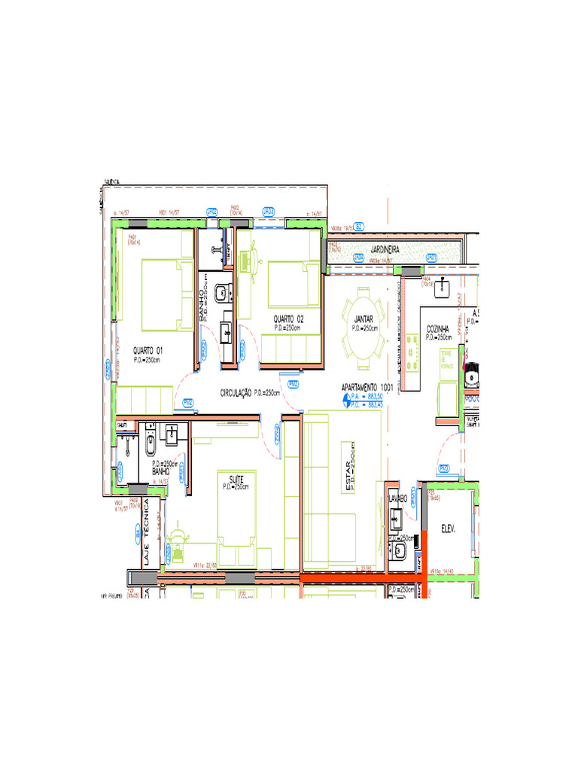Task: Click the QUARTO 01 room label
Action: pyautogui.click(x=148, y=351)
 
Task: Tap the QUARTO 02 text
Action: pyautogui.click(x=288, y=318)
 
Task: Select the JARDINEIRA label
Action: pyautogui.click(x=384, y=248)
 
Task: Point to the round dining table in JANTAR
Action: pyautogui.click(x=363, y=320)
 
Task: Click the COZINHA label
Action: pyautogui.click(x=438, y=329)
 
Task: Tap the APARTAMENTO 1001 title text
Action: pyautogui.click(x=367, y=387)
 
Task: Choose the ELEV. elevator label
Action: pyautogui.click(x=450, y=528)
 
